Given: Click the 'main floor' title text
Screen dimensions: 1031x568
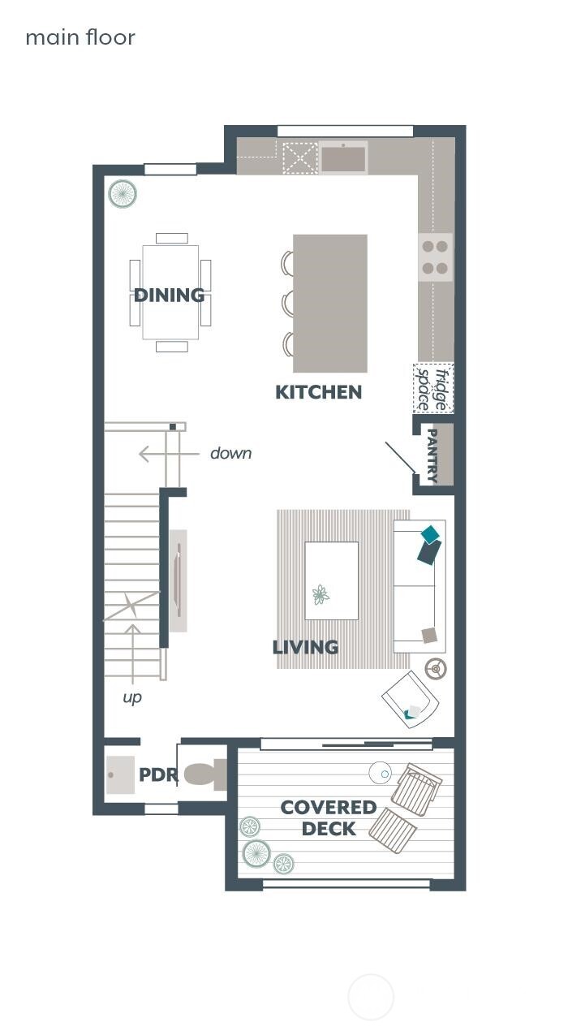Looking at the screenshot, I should tap(80, 37).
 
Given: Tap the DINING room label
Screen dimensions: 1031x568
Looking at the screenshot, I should tap(169, 295).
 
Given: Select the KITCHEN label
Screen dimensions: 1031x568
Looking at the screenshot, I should tap(318, 392).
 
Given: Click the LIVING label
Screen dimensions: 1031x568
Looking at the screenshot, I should tap(305, 647).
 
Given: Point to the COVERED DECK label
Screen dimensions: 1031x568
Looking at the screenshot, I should tap(328, 817).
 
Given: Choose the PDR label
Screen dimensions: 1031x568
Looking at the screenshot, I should tap(158, 774).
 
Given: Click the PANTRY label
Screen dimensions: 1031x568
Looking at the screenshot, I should tap(432, 455).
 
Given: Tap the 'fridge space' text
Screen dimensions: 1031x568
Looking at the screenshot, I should tap(433, 389).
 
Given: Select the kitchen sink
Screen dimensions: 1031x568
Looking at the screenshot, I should tap(343, 157).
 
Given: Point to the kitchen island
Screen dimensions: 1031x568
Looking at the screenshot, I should tap(330, 303).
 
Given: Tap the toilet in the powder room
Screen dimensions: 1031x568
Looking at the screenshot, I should tap(205, 774).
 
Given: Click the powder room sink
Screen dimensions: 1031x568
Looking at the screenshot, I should tap(121, 774).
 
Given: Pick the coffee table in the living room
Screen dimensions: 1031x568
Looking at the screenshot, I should tap(331, 580).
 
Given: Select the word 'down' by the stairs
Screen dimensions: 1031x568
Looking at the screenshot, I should tap(230, 453).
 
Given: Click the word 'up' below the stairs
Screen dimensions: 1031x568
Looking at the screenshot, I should tap(131, 697).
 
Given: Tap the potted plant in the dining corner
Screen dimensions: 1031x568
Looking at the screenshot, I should tap(123, 194).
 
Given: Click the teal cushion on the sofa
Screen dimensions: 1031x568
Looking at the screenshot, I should tap(430, 533).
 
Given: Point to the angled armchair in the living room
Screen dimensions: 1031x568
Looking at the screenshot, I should tap(411, 699).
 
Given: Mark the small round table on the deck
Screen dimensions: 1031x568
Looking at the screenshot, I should tap(380, 772).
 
